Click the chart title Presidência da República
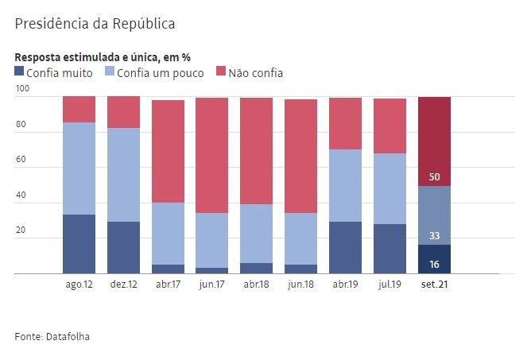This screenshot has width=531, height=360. click(x=95, y=24)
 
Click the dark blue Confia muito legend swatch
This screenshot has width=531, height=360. click(x=20, y=72)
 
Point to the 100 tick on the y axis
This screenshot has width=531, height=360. click(x=22, y=89)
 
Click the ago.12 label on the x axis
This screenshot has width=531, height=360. click(x=79, y=283)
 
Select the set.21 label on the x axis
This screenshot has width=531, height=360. click(x=434, y=283)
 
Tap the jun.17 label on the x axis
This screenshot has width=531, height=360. click(x=211, y=283)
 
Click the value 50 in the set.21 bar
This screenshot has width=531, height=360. click(x=435, y=176)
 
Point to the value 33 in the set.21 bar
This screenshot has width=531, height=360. click(x=435, y=235)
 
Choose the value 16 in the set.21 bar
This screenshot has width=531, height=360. click(x=435, y=264)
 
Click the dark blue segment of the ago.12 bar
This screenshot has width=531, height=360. click(x=79, y=244)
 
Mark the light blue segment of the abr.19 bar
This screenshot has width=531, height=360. click(x=345, y=185)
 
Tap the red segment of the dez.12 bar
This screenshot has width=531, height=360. click(x=123, y=112)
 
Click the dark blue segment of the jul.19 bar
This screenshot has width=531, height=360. click(x=390, y=249)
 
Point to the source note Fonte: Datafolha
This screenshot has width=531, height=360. click(x=52, y=337)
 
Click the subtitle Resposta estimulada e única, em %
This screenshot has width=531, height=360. click(x=103, y=57)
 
